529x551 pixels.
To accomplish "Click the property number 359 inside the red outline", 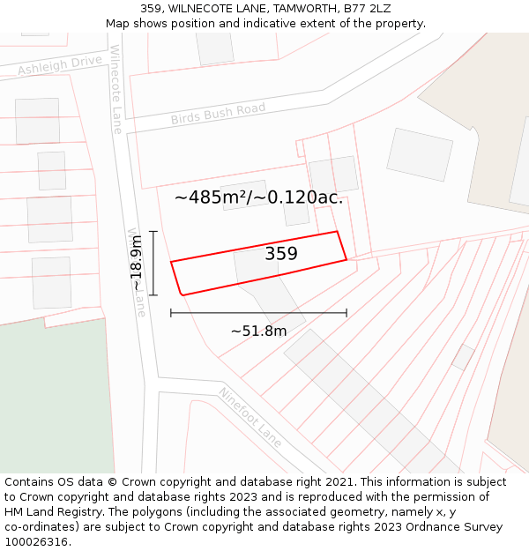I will (x=281, y=254).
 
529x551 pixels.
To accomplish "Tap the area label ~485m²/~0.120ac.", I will (x=258, y=197).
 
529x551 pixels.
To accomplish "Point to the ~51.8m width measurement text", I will (x=258, y=331).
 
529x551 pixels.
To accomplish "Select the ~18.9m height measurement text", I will (x=137, y=264).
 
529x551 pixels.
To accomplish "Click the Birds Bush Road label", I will (x=218, y=114).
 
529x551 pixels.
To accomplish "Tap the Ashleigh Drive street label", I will (x=60, y=65).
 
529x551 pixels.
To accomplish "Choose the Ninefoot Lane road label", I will (x=250, y=417).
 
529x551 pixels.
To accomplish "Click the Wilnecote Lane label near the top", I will (x=115, y=89).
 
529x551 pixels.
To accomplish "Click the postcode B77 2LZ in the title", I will (x=367, y=9).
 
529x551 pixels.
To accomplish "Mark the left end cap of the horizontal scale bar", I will (x=171, y=313).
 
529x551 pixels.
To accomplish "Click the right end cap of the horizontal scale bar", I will (x=346, y=313).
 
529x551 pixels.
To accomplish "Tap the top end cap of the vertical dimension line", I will (x=153, y=232).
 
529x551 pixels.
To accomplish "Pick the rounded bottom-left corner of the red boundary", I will (x=182, y=293).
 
